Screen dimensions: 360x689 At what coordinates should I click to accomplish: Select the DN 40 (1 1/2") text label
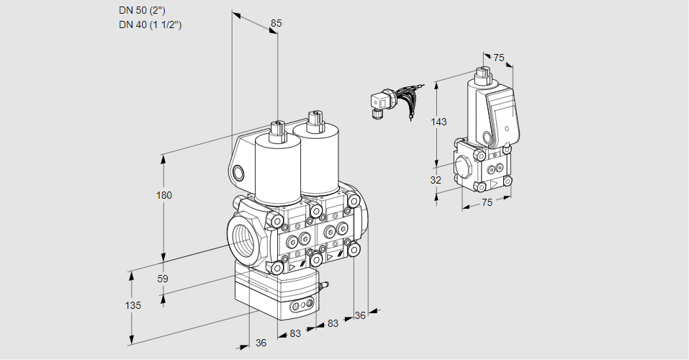coord(150,24)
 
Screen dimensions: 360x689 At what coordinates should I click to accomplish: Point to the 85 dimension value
coord(276,23)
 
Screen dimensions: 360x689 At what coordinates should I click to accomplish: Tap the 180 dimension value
coord(164,195)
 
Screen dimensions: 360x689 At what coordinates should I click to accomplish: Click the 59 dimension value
coord(163,279)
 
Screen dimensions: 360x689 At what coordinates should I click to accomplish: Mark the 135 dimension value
coord(132,305)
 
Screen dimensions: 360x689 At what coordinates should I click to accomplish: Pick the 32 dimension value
coord(436,180)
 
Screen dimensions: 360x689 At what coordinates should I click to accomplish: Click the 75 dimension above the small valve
coord(498,58)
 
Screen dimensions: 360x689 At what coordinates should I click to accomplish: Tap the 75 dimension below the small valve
coord(487,203)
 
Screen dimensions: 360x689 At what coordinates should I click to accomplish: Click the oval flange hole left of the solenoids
coord(238,173)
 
